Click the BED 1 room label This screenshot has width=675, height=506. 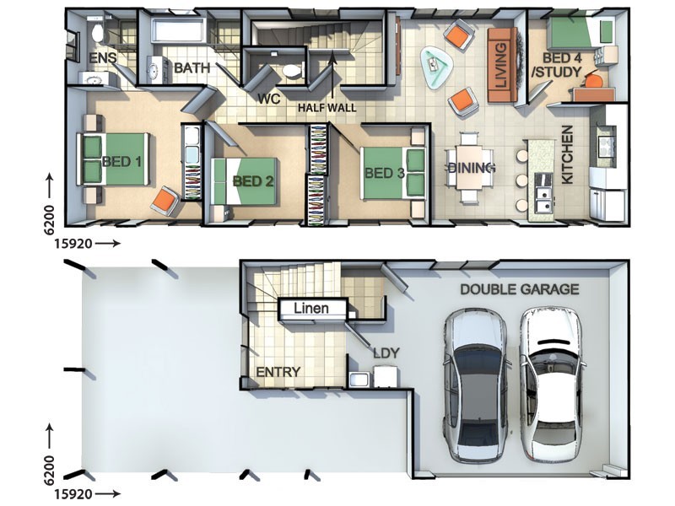point(121,162)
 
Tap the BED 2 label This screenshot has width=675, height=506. point(252,181)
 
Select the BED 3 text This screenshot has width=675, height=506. point(385,173)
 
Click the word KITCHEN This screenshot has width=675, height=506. point(567,154)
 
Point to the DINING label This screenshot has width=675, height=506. point(472,168)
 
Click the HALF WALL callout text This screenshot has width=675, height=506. point(327,108)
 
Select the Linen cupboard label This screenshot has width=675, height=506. point(311,308)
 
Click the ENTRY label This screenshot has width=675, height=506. point(278,372)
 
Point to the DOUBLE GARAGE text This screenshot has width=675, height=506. point(520,289)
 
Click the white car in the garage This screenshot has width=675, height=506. point(552,385)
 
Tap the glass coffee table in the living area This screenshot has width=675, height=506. point(436,67)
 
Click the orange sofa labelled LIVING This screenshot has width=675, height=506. point(502,65)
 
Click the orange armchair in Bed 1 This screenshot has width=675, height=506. point(165,201)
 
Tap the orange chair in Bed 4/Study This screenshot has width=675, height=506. point(594,80)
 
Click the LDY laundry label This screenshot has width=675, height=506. point(386,353)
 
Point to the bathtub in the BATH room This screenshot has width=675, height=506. point(178,30)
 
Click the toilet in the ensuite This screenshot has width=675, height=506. point(98,31)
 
